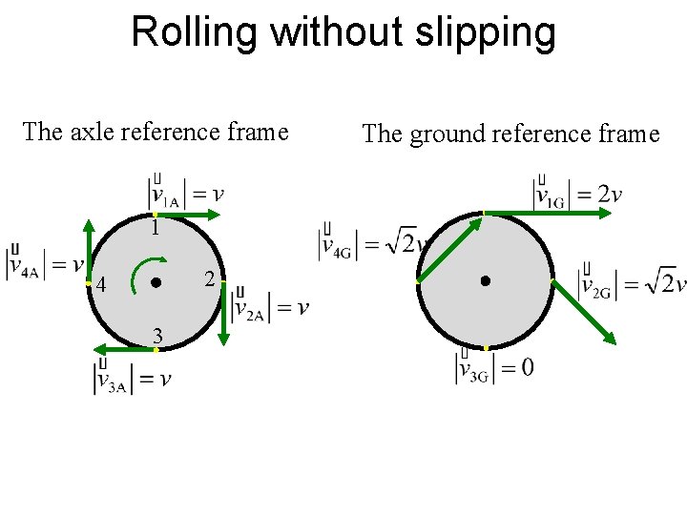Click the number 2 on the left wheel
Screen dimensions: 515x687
209,278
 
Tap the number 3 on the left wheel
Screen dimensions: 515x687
157,335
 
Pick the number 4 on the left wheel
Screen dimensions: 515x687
101,285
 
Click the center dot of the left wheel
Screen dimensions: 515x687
156,283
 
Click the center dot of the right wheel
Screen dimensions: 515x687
485,281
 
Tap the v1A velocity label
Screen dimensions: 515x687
186,194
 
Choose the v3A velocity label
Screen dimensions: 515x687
132,378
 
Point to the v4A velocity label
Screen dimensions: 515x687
44,263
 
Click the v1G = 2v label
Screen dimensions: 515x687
577,194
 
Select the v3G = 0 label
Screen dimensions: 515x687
494,367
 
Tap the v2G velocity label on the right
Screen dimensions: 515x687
632,284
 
